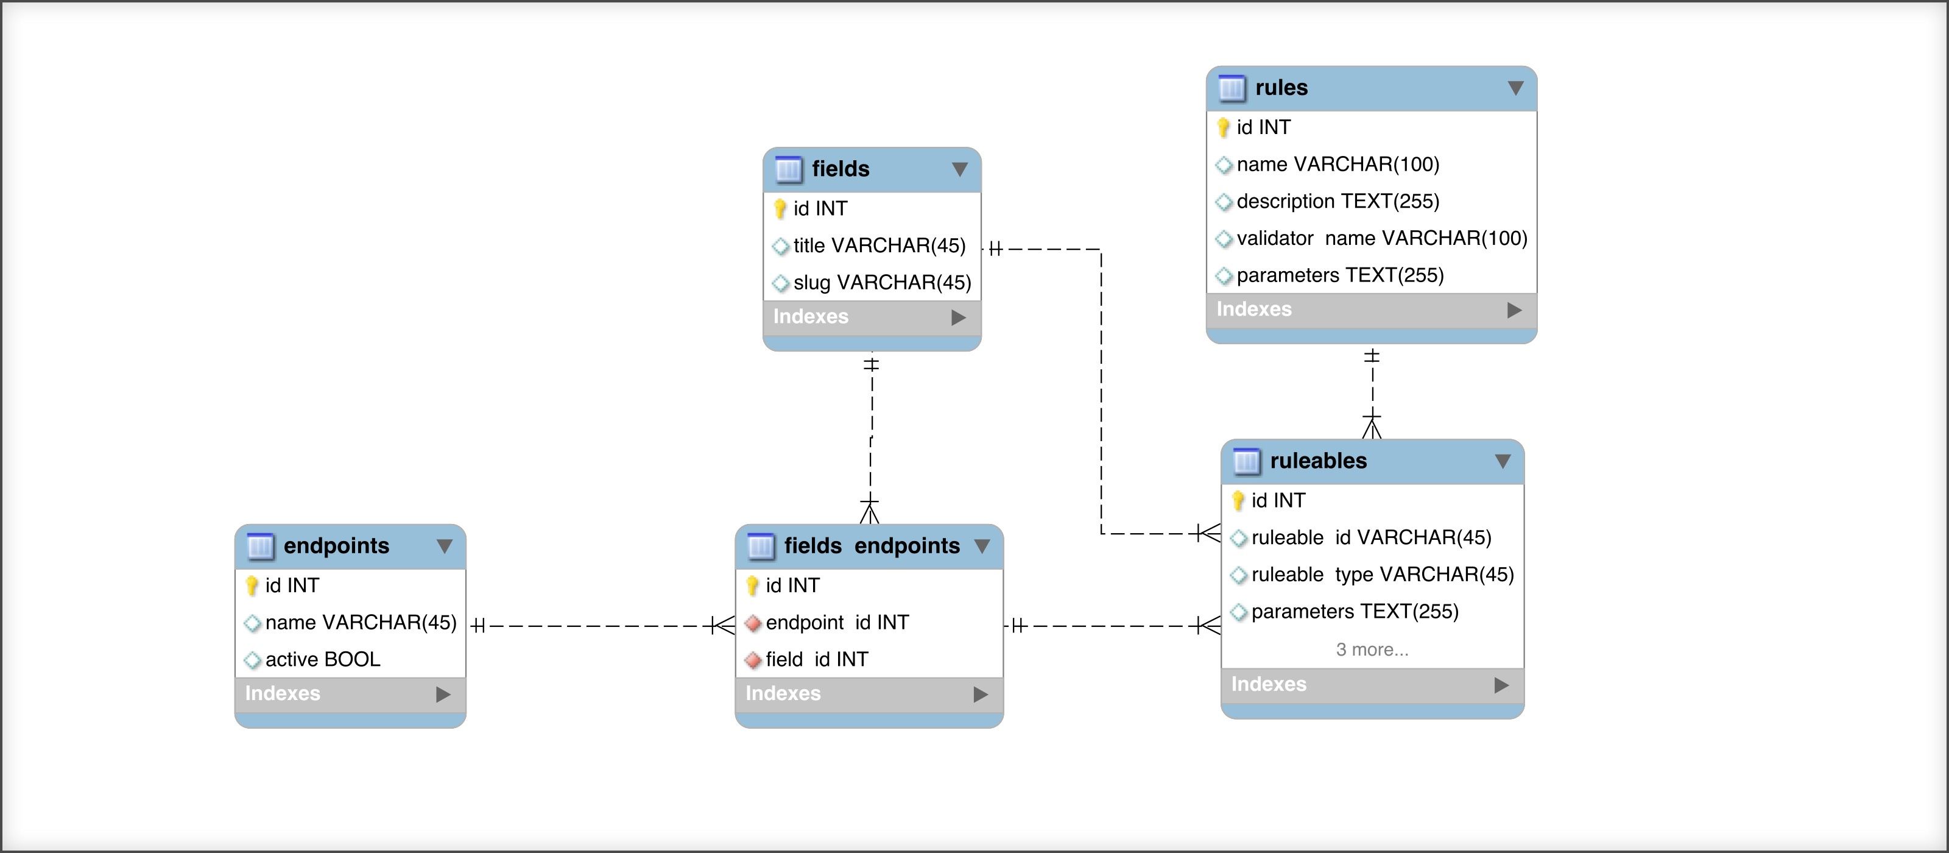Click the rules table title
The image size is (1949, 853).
point(1281,88)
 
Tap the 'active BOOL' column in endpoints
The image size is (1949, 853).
point(322,660)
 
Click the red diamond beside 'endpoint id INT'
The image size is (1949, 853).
point(753,624)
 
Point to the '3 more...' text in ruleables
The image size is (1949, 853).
point(1372,649)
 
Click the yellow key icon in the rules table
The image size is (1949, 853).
point(1224,128)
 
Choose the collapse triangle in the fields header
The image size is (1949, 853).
point(959,169)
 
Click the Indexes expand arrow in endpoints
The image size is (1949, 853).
point(443,695)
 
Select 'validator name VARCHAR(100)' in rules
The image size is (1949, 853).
point(1381,238)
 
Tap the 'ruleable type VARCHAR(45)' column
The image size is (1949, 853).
point(1383,575)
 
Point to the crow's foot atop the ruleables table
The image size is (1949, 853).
point(1372,427)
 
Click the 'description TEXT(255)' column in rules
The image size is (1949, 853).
point(1338,201)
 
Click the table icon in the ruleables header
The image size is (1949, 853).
point(1246,461)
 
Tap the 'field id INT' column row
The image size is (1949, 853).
point(816,660)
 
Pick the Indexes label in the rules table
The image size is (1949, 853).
point(1253,310)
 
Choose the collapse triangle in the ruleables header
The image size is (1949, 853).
point(1503,461)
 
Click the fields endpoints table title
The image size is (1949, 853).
point(872,546)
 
